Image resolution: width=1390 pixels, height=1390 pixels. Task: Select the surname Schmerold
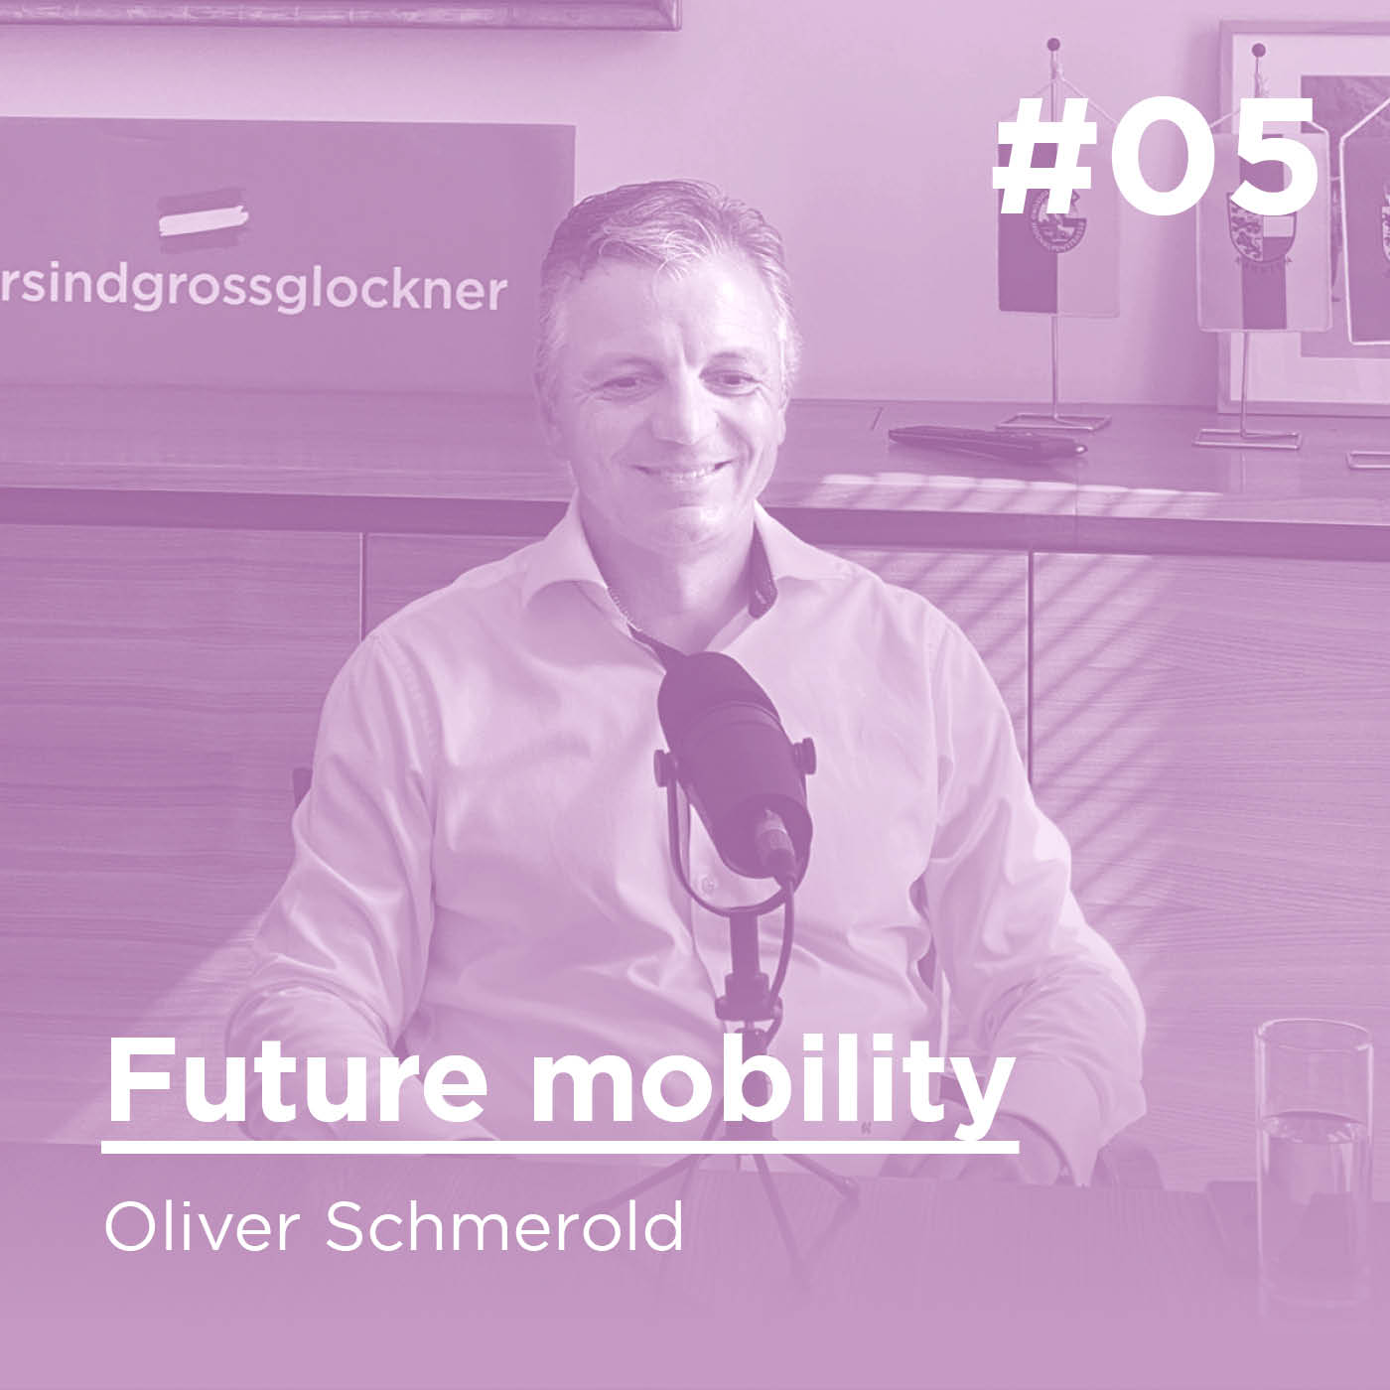click(x=503, y=1229)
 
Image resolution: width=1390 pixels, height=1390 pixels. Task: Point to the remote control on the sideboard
click(x=983, y=439)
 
